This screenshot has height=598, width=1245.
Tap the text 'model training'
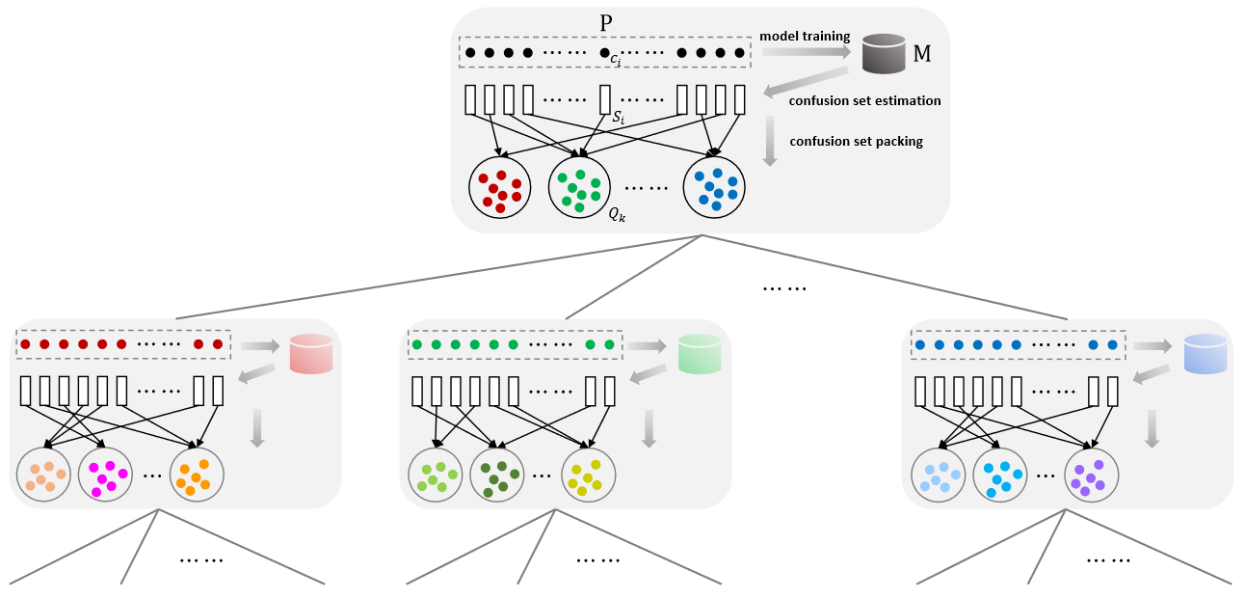coord(805,37)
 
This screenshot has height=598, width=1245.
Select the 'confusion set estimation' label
coord(864,100)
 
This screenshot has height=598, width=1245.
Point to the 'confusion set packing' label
coord(856,141)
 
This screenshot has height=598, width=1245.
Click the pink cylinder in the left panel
coord(311,354)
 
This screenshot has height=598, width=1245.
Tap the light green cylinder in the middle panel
coord(700,354)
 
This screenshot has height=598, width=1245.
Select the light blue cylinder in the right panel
coord(1205,354)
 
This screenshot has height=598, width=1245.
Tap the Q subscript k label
coord(618,215)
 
